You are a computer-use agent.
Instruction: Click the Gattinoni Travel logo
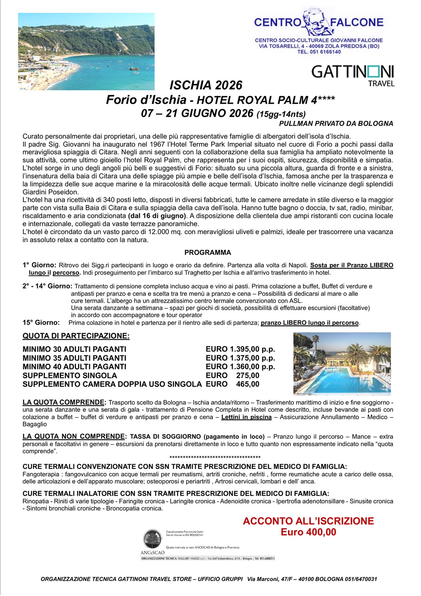click(x=353, y=75)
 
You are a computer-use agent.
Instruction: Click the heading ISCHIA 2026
click(x=206, y=85)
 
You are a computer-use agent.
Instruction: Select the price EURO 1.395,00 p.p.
click(x=240, y=349)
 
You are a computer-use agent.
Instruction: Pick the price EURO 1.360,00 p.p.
click(x=240, y=367)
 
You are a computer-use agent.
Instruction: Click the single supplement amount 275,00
click(x=248, y=375)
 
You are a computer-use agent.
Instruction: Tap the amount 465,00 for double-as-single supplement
click(x=248, y=384)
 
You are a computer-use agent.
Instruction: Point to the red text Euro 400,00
click(x=308, y=532)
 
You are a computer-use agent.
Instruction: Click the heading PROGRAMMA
click(x=207, y=252)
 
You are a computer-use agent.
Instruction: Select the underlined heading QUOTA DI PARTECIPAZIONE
click(x=76, y=336)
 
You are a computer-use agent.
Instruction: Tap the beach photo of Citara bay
click(x=86, y=52)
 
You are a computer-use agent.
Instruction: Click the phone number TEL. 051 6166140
click(x=319, y=52)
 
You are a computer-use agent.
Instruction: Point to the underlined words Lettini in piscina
click(x=246, y=417)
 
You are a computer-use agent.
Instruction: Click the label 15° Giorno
click(x=41, y=322)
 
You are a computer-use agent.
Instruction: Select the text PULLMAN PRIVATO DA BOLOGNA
click(x=336, y=124)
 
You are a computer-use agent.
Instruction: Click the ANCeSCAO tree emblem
click(x=152, y=539)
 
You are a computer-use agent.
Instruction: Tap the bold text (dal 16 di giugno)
click(x=157, y=216)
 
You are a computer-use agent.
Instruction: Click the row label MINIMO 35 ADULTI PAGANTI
click(x=74, y=358)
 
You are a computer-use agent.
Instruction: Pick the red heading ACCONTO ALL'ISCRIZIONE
click(x=308, y=521)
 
